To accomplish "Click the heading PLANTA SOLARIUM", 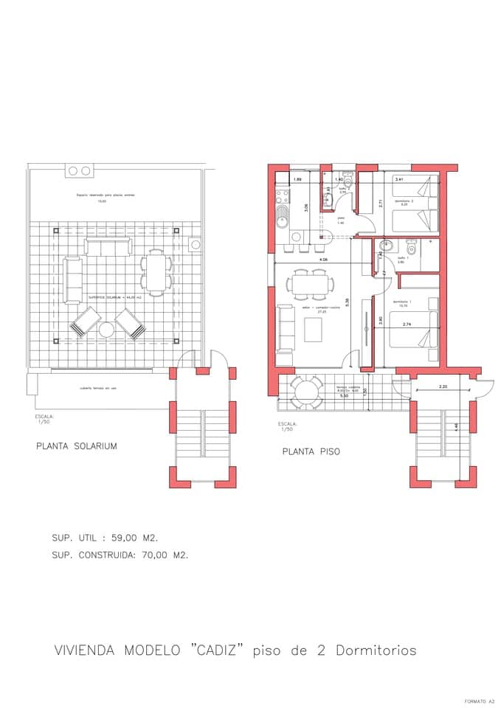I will [x=77, y=446].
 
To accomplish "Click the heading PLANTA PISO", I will [x=311, y=451].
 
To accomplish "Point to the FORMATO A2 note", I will [x=480, y=701].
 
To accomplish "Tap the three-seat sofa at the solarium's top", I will [x=107, y=246].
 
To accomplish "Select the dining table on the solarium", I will [x=156, y=272].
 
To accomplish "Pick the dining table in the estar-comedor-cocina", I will [x=310, y=284].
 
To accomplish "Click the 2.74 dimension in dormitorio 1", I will [x=407, y=324].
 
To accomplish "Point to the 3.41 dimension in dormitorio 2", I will [x=399, y=179].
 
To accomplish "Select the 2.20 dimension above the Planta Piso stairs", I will [x=443, y=386].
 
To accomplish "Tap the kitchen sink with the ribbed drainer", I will [x=283, y=218].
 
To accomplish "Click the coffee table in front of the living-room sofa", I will [x=314, y=330].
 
